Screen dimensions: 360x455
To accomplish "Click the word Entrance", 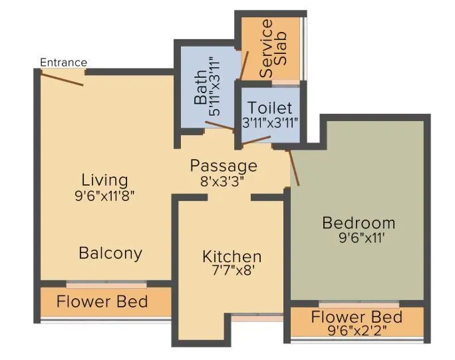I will pyautogui.click(x=63, y=63).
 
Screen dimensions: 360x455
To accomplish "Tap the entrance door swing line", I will pyautogui.click(x=62, y=78).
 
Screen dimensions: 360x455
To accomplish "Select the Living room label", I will pyautogui.click(x=104, y=180).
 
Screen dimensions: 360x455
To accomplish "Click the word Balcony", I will pyautogui.click(x=110, y=253).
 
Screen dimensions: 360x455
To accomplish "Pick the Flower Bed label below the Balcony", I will pyautogui.click(x=102, y=301).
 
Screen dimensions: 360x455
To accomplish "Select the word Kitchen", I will pyautogui.click(x=231, y=257).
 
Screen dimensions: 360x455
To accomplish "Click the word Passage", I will pyautogui.click(x=223, y=165).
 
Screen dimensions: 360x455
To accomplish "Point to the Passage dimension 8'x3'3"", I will pyautogui.click(x=223, y=180).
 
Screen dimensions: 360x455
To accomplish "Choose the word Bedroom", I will pyautogui.click(x=359, y=222).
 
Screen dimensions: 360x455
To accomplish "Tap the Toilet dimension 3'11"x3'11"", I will pyautogui.click(x=270, y=122).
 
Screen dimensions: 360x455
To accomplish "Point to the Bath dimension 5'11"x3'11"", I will pyautogui.click(x=214, y=87).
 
